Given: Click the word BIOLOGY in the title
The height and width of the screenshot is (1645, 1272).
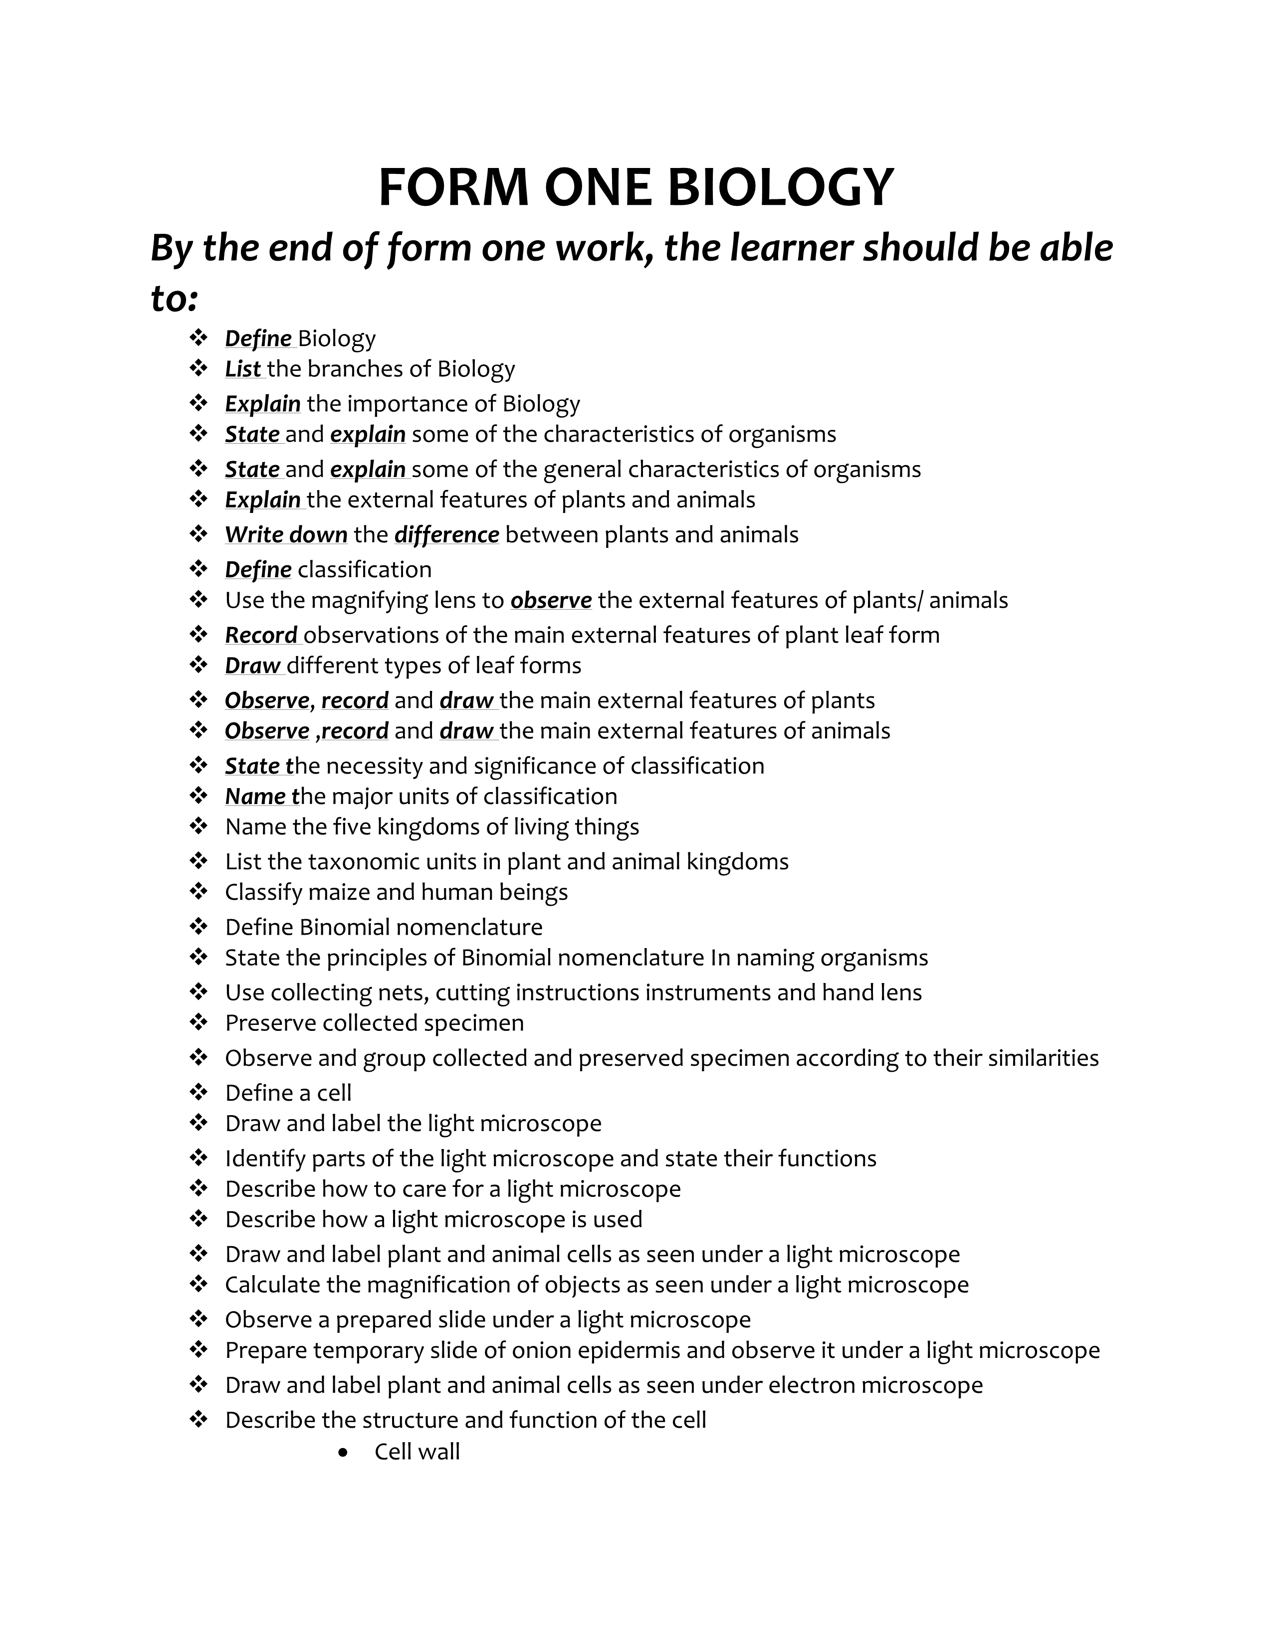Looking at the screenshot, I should coord(780,187).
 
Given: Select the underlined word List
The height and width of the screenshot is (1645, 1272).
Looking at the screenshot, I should coord(242,369).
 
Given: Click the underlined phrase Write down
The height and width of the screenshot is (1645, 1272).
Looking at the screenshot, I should coord(286,535).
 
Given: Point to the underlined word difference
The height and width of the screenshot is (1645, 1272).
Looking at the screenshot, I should coord(446,535).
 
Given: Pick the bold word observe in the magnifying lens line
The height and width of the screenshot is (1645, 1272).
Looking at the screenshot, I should coord(551,600).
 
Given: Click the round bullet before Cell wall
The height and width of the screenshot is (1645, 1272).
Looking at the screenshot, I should coord(344,1452).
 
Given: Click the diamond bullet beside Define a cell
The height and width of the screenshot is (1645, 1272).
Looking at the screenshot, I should coord(198,1092).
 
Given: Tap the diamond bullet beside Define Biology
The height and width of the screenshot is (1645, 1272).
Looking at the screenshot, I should coord(198,337).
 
